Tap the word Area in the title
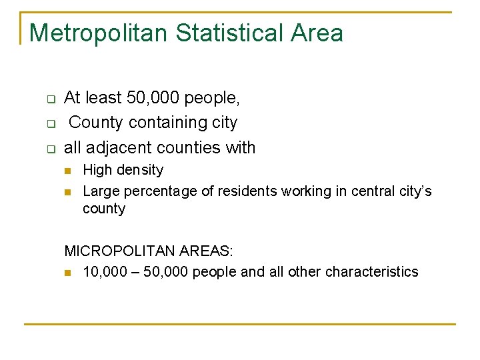click(x=319, y=33)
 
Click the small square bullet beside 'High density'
click(x=67, y=171)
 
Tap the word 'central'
click(x=369, y=191)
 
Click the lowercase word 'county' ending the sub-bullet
click(x=103, y=209)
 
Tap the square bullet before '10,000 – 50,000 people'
click(x=67, y=273)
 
